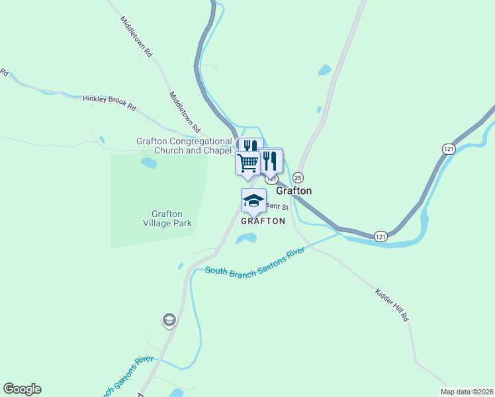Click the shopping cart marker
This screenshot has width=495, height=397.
point(247,162)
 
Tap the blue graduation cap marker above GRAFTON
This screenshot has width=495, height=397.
point(253,200)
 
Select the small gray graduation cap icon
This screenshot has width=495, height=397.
point(169,320)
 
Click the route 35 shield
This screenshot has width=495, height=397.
point(298,177)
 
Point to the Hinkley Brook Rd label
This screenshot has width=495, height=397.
point(109,101)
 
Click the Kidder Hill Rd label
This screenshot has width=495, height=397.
point(392,305)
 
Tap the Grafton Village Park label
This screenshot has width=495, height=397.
point(171,218)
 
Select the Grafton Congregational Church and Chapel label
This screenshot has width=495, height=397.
point(184,146)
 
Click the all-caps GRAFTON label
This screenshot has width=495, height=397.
point(263,221)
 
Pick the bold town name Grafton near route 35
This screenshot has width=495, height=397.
point(293,191)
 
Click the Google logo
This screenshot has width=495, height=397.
point(22,389)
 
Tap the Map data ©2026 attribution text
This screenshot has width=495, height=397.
point(466,392)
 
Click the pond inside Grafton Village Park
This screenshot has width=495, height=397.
point(149,162)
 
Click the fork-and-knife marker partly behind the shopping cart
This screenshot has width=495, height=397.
point(251,145)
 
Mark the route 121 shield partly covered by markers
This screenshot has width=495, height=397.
point(271,179)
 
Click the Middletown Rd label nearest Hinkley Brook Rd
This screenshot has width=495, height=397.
point(185,109)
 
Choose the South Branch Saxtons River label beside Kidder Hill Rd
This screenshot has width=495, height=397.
point(254,261)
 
